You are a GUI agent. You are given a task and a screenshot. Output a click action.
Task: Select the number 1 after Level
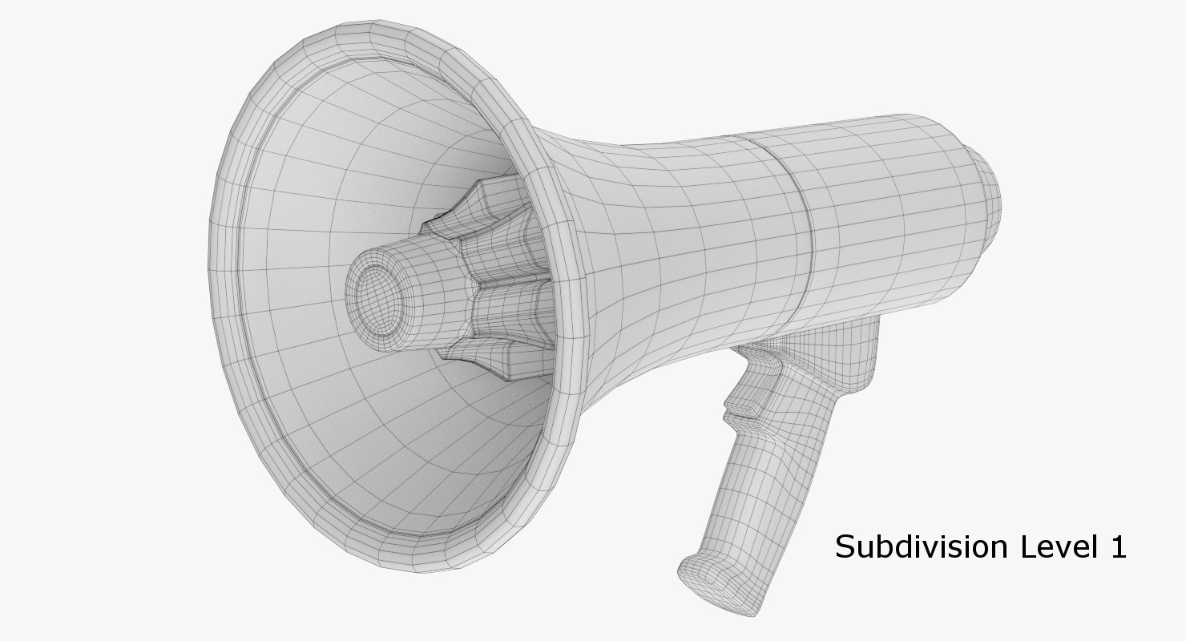(1118, 547)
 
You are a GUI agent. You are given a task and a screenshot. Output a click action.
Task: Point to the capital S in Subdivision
(846, 547)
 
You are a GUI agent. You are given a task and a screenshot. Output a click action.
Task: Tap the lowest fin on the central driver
(489, 361)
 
